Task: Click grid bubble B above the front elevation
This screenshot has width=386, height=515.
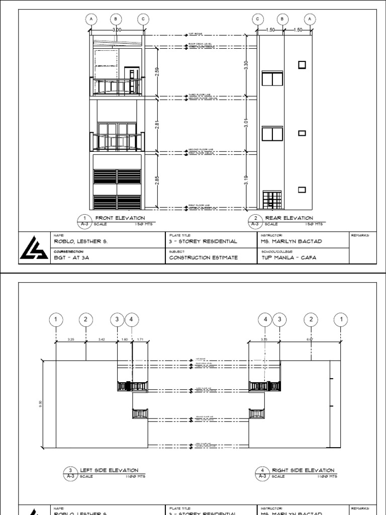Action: click(116, 19)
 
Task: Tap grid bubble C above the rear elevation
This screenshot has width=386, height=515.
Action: click(258, 19)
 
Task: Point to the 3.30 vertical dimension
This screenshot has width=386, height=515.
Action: click(246, 65)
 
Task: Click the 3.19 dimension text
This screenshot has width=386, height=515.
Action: click(246, 180)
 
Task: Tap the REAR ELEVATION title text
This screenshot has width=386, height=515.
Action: click(289, 218)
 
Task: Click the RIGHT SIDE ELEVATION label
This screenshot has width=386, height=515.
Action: click(303, 470)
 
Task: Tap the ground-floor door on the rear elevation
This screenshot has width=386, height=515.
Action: click(273, 200)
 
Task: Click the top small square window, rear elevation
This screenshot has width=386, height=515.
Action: click(302, 64)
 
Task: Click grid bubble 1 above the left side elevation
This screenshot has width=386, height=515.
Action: click(56, 319)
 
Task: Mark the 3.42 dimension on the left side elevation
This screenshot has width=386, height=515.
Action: click(102, 340)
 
